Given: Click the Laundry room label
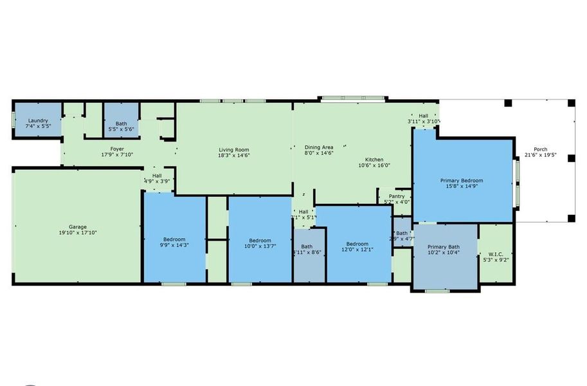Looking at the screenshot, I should [38, 120].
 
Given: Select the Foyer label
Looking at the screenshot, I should [116, 149].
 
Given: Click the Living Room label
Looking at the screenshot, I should [234, 149].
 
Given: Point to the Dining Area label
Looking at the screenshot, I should [319, 147].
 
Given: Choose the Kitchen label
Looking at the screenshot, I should [374, 160].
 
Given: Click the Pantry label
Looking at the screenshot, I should [397, 196].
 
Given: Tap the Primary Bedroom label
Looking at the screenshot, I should [462, 181].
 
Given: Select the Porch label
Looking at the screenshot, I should [541, 149].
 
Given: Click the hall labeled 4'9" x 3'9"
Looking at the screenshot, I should [157, 181].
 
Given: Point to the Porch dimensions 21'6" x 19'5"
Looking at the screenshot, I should [541, 155].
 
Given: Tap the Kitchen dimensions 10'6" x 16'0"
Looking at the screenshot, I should [374, 165].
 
